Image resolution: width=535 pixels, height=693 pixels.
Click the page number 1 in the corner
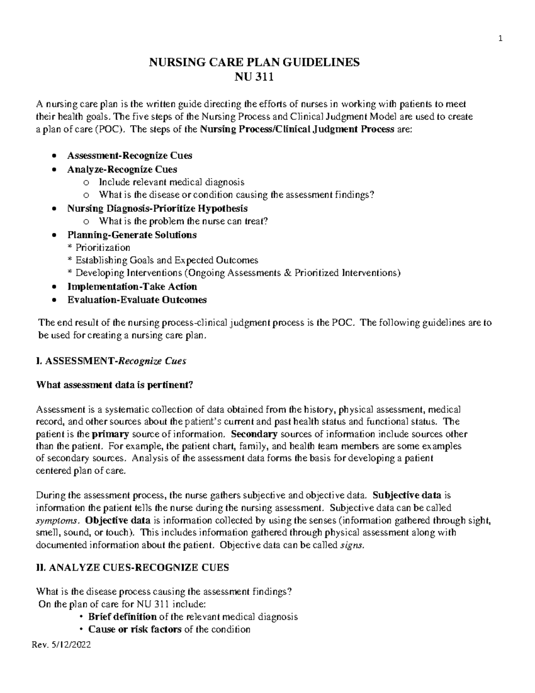point(500,39)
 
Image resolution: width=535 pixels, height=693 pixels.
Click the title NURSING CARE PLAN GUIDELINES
point(254,62)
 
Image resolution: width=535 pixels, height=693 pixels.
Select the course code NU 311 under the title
point(254,78)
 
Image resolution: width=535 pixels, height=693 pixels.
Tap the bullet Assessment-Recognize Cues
point(130,156)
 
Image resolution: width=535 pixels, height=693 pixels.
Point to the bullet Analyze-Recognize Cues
point(122,169)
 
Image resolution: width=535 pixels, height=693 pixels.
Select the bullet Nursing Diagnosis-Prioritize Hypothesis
point(157,208)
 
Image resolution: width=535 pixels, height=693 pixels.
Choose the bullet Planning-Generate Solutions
point(132,235)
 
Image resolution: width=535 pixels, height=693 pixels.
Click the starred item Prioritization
point(103,248)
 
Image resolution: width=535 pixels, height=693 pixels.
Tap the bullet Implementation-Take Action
point(132,286)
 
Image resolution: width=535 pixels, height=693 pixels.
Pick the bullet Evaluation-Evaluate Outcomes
point(137,300)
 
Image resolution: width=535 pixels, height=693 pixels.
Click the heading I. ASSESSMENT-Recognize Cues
point(111,361)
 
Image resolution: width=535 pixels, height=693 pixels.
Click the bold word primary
point(110,434)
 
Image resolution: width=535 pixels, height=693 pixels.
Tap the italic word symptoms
point(58,520)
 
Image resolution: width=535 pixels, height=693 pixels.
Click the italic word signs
point(352,545)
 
